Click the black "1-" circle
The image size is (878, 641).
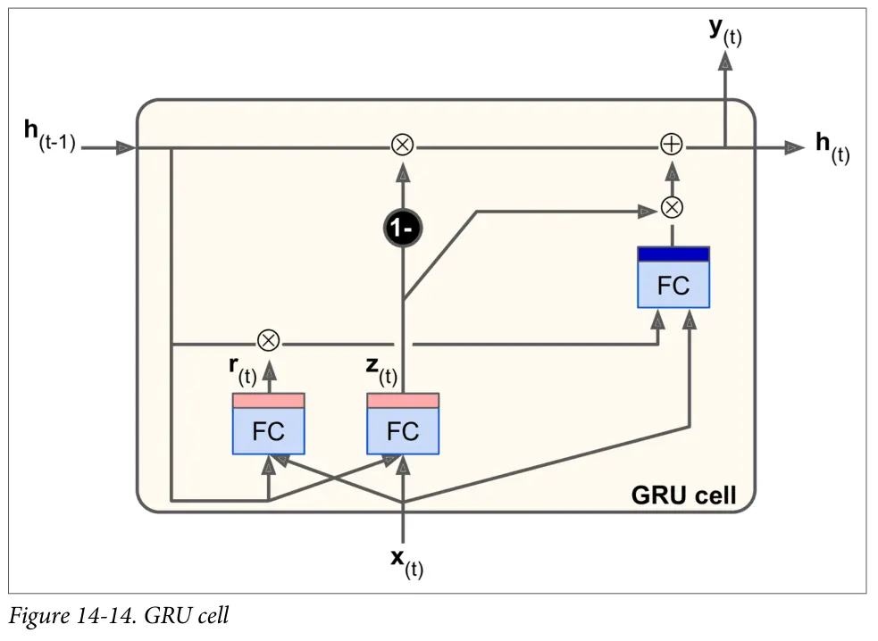point(403,229)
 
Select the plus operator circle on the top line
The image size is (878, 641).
point(672,146)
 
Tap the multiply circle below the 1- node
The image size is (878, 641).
point(403,146)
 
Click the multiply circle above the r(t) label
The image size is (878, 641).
point(268,341)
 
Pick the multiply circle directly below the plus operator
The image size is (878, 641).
point(672,208)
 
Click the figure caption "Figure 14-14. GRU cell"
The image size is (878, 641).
point(119,616)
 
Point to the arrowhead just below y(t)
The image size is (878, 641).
point(725,61)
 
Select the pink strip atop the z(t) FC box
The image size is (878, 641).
point(403,400)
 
